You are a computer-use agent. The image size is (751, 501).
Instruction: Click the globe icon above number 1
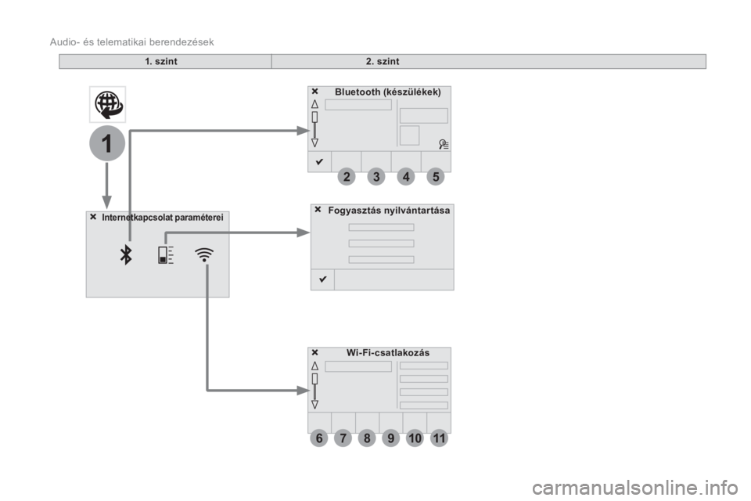(x=108, y=105)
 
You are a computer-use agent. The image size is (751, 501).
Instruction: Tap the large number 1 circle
(x=107, y=143)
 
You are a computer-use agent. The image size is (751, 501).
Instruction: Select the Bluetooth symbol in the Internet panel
(x=126, y=254)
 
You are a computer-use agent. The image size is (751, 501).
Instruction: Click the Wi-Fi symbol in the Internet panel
(x=204, y=254)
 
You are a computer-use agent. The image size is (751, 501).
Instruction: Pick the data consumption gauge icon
(x=166, y=254)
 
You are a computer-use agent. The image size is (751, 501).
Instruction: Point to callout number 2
(x=347, y=176)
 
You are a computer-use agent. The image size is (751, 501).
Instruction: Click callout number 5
(x=436, y=176)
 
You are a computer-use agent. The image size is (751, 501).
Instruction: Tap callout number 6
(x=319, y=438)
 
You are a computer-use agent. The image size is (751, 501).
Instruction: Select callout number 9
(x=391, y=438)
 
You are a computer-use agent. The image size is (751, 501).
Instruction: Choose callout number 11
(x=439, y=438)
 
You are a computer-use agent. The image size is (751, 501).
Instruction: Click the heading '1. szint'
(x=161, y=61)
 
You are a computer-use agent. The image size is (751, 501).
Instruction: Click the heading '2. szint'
(x=383, y=61)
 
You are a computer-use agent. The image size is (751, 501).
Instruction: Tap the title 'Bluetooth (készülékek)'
(x=388, y=92)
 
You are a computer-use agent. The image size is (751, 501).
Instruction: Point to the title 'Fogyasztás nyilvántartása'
(x=389, y=210)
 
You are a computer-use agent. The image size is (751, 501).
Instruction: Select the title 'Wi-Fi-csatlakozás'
(x=388, y=352)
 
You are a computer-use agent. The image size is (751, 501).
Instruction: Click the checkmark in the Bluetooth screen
(x=319, y=161)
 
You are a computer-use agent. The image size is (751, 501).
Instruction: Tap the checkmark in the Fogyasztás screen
(x=323, y=279)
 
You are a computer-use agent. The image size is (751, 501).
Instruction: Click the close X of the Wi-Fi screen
(x=314, y=352)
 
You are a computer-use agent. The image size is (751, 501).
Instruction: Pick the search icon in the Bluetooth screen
(x=444, y=144)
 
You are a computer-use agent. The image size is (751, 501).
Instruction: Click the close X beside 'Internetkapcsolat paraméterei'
(x=93, y=217)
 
